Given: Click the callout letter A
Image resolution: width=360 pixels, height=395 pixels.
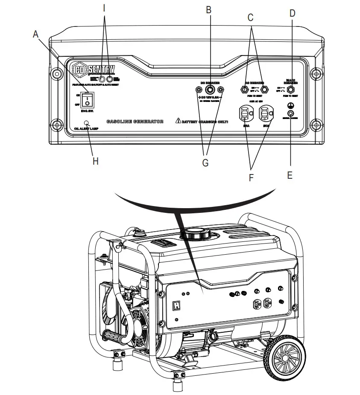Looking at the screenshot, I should coord(36,34).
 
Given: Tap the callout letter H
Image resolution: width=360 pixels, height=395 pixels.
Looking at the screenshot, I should coord(95,161).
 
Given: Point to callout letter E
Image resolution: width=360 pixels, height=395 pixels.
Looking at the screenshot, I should coord(290,175).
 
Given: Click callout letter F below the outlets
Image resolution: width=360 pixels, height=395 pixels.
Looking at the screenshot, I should coord(251,177).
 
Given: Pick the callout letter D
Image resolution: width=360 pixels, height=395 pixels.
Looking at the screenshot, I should coord(292,13).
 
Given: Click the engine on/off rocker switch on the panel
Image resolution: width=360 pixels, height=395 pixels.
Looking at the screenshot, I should coord(87,100).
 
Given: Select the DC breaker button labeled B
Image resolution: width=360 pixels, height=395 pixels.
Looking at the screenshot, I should coord(210,90).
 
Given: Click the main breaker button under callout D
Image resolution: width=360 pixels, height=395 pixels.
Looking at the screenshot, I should coord(291,90).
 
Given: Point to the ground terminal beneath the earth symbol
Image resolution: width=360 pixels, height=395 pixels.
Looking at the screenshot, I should coord(291,113).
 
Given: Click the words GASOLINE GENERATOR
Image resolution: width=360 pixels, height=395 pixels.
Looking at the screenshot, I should coord(135,122).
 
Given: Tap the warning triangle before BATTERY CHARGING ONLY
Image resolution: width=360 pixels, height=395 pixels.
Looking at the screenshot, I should coord(178,121).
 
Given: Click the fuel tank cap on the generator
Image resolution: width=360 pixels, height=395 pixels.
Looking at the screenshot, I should coord(195,234).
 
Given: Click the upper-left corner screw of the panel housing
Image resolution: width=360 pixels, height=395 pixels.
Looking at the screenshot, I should coord(56,73).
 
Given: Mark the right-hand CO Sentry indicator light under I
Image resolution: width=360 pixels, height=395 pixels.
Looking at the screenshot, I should coord(111,79).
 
